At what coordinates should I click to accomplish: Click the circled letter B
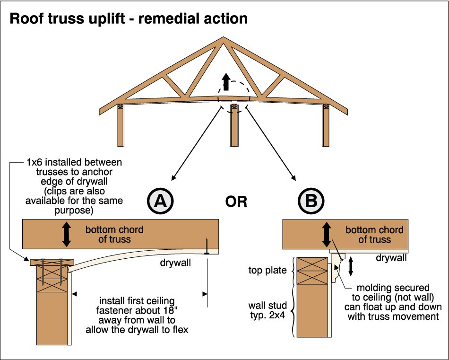[x=311, y=201]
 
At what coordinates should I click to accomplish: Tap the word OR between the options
[x=236, y=202]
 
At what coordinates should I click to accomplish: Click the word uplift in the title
[x=106, y=19]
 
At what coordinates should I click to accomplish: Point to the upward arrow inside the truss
[x=226, y=82]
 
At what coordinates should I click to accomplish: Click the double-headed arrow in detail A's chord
[x=67, y=234]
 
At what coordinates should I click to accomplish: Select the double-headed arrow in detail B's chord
[x=327, y=235]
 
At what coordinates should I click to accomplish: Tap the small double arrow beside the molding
[x=351, y=266]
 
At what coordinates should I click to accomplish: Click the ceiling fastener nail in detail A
[x=206, y=246]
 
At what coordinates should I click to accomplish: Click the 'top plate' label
[x=268, y=270]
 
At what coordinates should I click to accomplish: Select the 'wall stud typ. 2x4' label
[x=268, y=310]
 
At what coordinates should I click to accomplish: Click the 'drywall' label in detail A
[x=175, y=262]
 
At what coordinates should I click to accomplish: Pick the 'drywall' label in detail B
[x=391, y=258]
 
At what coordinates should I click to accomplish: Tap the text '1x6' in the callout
[x=35, y=162]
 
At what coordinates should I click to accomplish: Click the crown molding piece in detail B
[x=338, y=267]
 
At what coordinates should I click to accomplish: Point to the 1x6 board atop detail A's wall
[x=52, y=262]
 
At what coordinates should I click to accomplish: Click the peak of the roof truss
[x=224, y=37]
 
